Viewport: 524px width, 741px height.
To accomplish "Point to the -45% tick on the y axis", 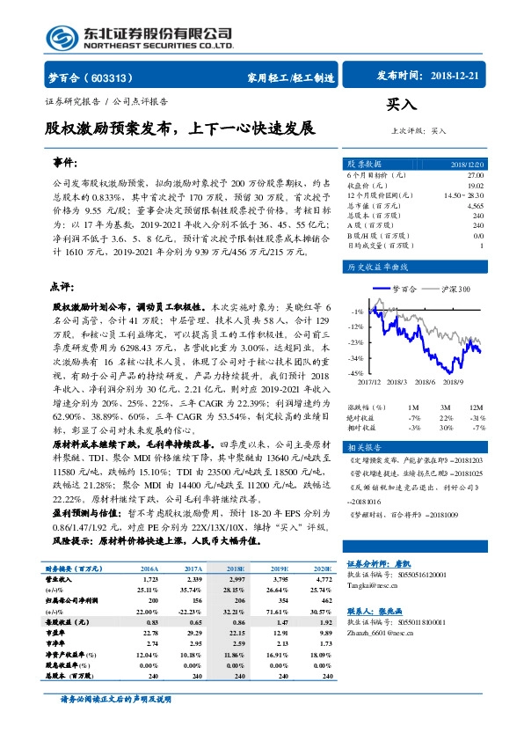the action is [x=355, y=374].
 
